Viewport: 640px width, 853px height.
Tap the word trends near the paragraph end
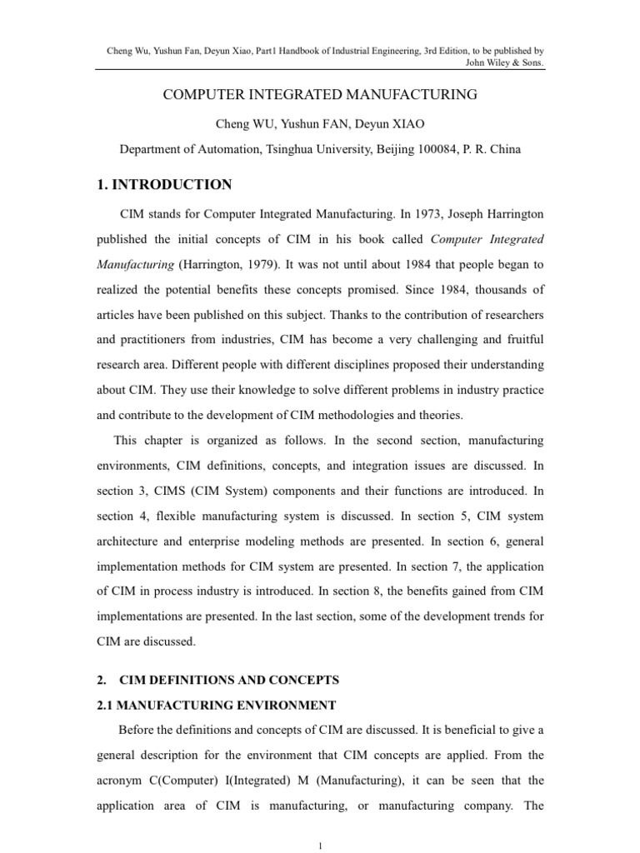(x=505, y=616)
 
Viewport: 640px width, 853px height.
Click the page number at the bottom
(x=320, y=846)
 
